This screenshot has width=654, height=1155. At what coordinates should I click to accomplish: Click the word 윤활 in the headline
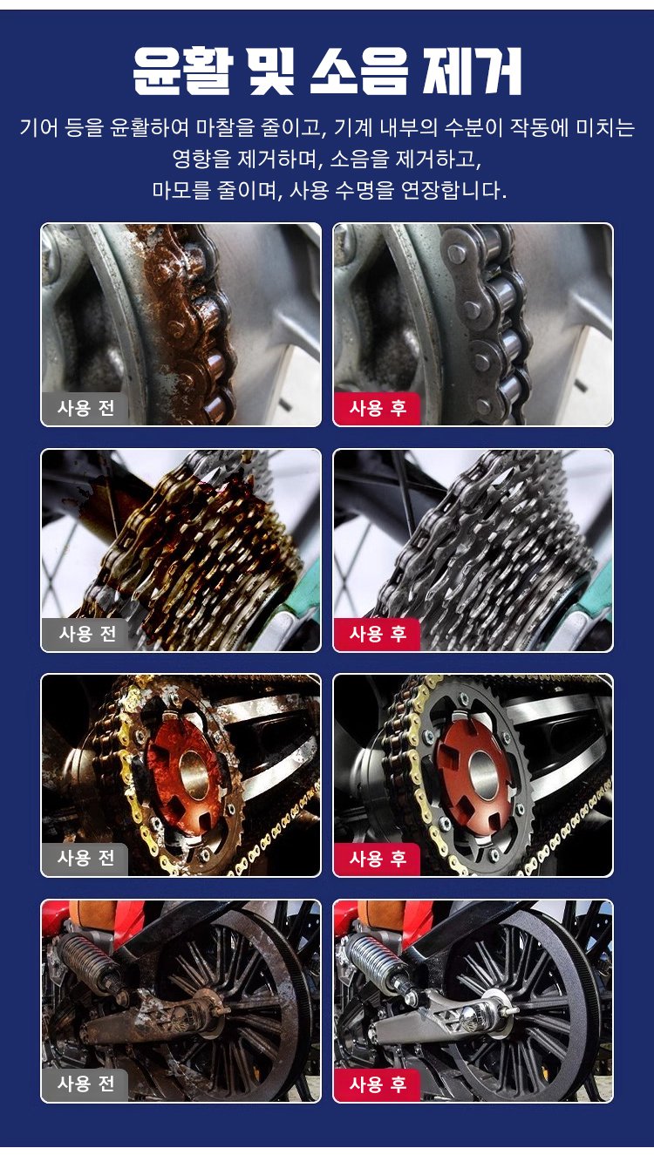[x=182, y=71]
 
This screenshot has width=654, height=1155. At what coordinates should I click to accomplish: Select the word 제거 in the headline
[x=472, y=71]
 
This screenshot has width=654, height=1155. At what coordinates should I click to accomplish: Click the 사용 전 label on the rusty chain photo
[x=85, y=408]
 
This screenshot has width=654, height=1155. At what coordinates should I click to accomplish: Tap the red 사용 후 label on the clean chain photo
[x=378, y=408]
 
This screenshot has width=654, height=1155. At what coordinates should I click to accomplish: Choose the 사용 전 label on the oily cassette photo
[x=86, y=634]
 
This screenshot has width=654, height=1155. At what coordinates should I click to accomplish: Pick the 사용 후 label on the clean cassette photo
[x=378, y=634]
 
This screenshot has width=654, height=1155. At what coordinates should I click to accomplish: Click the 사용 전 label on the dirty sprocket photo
[x=85, y=859]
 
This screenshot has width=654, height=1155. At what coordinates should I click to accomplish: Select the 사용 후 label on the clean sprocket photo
[x=378, y=859]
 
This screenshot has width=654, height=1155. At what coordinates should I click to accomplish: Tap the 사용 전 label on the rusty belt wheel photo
[x=85, y=1084]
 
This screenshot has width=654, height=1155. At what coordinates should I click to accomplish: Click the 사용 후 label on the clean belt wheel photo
[x=378, y=1084]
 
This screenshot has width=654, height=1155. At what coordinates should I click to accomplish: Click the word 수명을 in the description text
[x=363, y=191]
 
